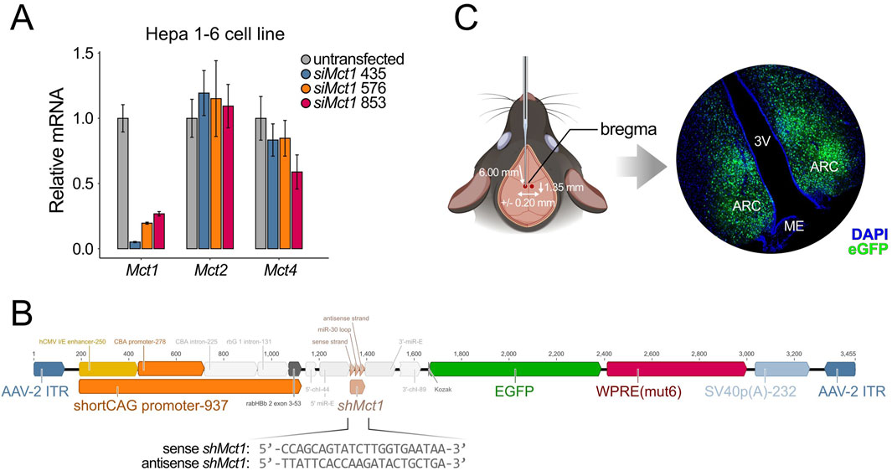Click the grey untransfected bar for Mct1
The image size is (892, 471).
(x=122, y=183)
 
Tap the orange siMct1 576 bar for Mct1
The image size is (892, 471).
(x=147, y=235)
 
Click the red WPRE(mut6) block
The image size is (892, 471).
(x=675, y=369)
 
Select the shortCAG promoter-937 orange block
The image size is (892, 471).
(x=188, y=386)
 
